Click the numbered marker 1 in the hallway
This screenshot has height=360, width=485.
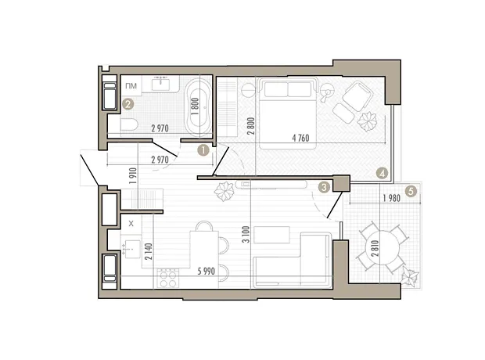[x=203, y=151]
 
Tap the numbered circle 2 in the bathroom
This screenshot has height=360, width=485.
[x=128, y=104]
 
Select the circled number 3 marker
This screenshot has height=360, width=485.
[x=324, y=187]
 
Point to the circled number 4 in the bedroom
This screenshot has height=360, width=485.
[x=383, y=173]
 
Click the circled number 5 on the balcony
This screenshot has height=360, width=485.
[x=411, y=191]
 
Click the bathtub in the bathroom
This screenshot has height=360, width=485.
[x=197, y=107]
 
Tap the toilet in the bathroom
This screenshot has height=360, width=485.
[x=128, y=125]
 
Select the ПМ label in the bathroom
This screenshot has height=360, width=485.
[x=131, y=86]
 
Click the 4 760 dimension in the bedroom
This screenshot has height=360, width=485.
[x=300, y=138]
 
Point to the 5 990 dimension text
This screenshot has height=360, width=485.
[x=207, y=272]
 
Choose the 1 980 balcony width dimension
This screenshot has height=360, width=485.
[x=392, y=198]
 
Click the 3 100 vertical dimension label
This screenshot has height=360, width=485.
[x=246, y=234]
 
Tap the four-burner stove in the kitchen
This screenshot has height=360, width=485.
[x=168, y=279]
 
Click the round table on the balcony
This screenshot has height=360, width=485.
[x=382, y=248]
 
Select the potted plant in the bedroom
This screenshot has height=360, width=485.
[x=368, y=121]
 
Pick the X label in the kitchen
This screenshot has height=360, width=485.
[x=131, y=224]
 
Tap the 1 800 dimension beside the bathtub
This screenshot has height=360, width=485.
[x=195, y=106]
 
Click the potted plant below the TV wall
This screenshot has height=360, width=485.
[x=225, y=192]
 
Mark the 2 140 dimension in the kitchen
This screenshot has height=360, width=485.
[x=149, y=251]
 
